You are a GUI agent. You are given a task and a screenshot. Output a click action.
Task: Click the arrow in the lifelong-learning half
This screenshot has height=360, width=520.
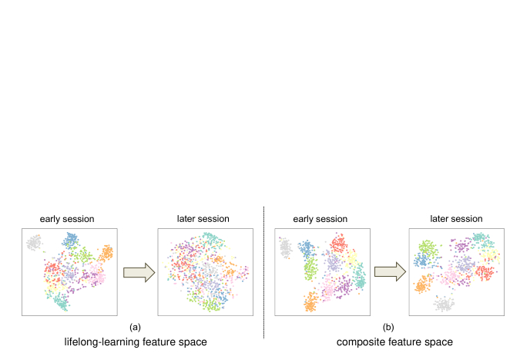[x=138, y=272]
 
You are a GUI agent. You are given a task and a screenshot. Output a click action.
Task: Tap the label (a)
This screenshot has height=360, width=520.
[x=136, y=325]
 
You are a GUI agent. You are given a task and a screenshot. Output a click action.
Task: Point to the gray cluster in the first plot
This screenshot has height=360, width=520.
[x=33, y=243]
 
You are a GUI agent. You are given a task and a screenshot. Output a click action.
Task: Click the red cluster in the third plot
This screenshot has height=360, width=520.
[x=337, y=246]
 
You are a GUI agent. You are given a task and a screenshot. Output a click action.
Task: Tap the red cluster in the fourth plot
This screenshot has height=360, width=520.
[x=485, y=274]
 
